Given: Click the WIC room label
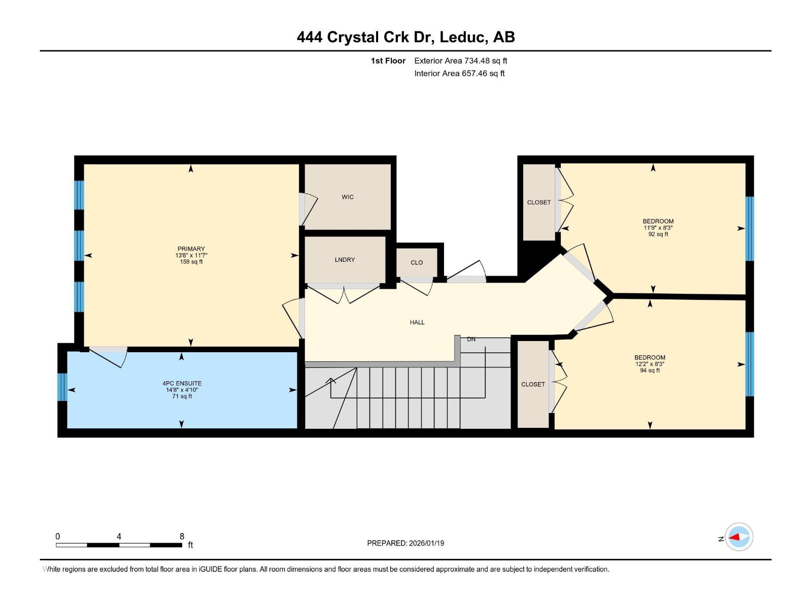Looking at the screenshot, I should click(348, 197).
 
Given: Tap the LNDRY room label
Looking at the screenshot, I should click(345, 259).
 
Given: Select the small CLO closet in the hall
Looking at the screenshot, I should click(417, 262).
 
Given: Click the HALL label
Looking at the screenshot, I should click(417, 322).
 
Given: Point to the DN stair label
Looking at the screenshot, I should click(471, 339).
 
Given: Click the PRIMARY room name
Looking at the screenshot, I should click(191, 249).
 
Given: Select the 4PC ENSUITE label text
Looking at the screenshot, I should click(182, 383).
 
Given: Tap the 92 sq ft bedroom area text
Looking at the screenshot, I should click(658, 234).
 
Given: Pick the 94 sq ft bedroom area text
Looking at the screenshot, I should click(650, 370).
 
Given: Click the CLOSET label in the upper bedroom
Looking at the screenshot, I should click(538, 202).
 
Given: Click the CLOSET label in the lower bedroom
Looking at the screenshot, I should click(533, 384).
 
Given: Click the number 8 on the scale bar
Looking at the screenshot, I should click(182, 536).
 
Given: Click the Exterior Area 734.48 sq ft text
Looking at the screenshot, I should click(460, 60).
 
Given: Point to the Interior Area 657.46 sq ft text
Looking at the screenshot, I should click(459, 73).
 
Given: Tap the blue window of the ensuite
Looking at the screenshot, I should click(62, 387).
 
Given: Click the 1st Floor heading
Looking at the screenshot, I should click(388, 60).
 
